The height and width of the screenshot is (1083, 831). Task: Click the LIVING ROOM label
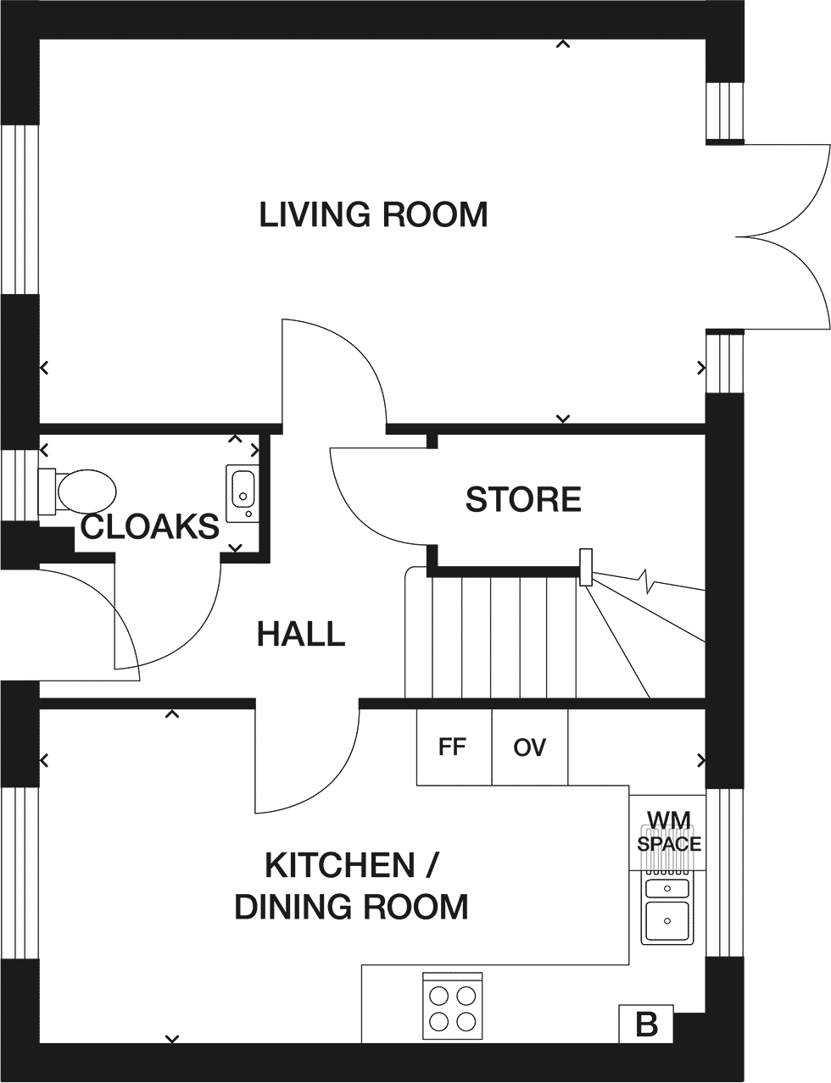tap(373, 214)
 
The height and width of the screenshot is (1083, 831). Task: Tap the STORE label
tap(523, 499)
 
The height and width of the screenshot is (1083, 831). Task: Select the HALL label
tap(301, 634)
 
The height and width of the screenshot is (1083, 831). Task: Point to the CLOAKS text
tap(149, 526)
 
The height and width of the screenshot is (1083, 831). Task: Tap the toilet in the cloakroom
tap(77, 492)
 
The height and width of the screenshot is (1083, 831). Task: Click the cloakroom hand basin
tap(243, 493)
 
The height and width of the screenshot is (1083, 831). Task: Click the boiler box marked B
tap(646, 1036)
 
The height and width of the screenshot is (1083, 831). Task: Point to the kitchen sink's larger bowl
tap(667, 921)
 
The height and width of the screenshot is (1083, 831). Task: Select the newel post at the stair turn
tap(586, 567)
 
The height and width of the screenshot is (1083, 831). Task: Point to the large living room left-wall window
tap(19, 210)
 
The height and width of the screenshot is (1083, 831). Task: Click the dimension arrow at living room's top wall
tap(563, 44)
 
